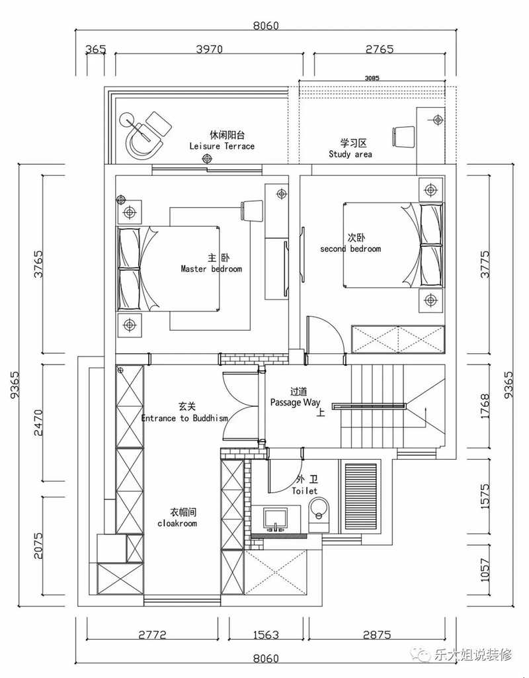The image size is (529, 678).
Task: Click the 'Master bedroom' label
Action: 212,269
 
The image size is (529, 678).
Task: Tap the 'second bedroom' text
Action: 350,249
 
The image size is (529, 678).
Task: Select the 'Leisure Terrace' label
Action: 222,146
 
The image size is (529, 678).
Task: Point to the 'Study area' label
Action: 350,154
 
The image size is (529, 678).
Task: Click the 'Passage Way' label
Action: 295,403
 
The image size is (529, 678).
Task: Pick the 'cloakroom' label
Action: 177,524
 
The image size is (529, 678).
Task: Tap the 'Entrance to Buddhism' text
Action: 184,418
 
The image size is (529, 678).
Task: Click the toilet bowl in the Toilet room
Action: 319,510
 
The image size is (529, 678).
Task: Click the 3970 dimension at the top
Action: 210,49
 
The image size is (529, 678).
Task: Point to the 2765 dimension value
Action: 380,49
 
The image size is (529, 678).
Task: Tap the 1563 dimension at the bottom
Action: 266,635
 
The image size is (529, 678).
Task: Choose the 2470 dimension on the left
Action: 38,423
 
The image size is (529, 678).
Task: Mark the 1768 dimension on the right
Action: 485,405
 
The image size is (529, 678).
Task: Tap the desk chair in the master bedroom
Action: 252,210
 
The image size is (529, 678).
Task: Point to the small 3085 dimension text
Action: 372,78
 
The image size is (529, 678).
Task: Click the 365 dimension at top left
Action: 95,49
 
